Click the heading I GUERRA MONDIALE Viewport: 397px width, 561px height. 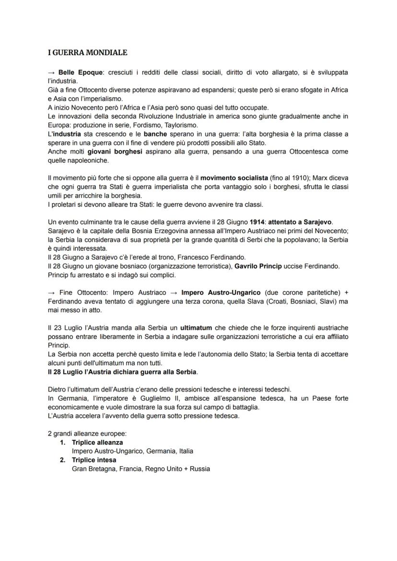[88, 52]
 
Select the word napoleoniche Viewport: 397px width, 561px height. [69, 161]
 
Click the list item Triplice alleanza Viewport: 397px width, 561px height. [97, 442]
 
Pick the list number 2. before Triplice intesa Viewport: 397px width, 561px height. [63, 460]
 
